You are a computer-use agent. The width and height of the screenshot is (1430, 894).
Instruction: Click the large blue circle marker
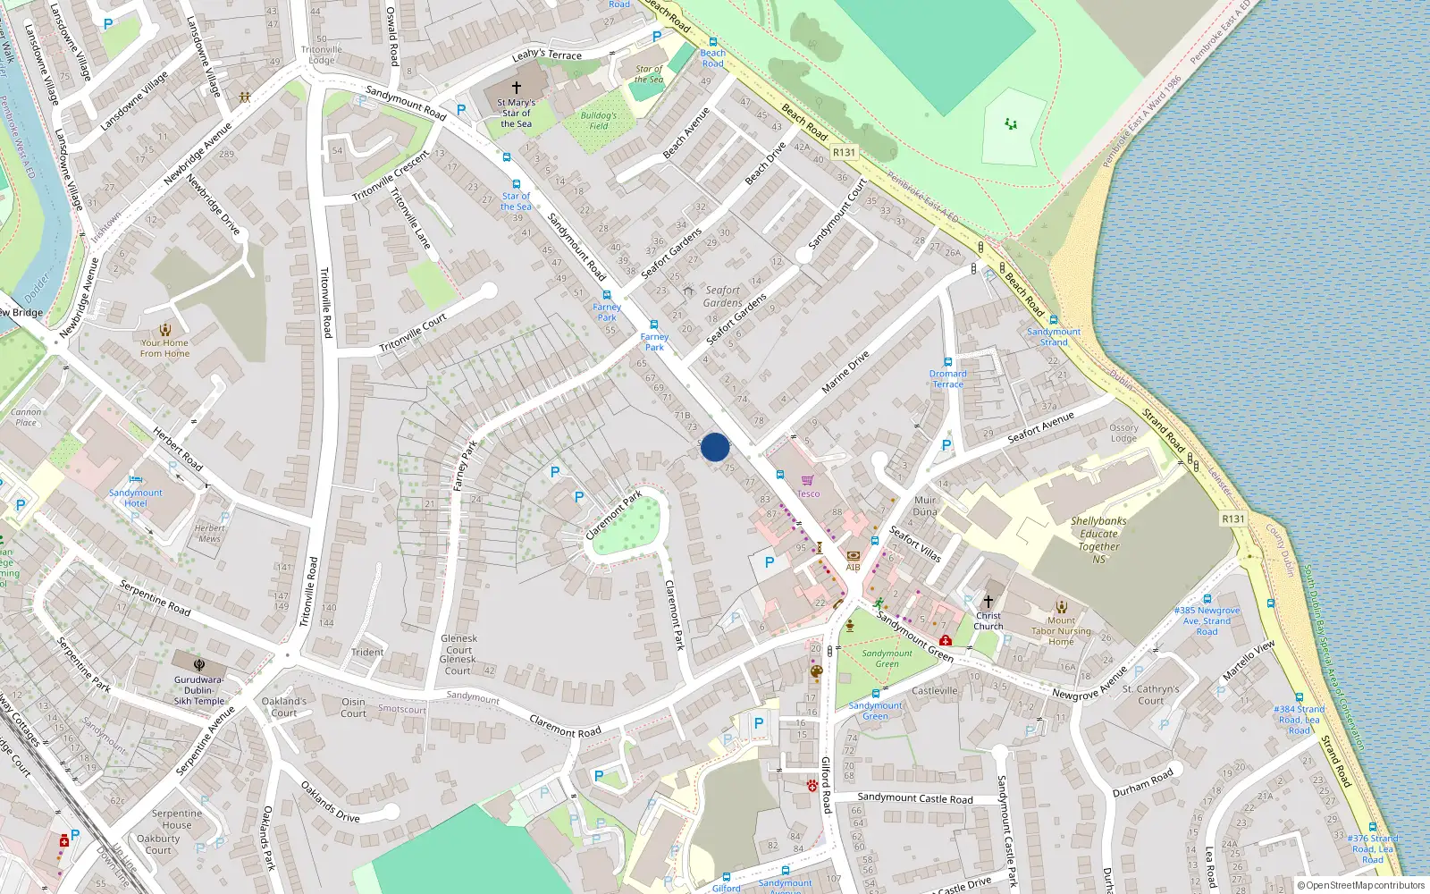click(x=715, y=447)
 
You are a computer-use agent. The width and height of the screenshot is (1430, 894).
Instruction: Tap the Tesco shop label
click(x=808, y=493)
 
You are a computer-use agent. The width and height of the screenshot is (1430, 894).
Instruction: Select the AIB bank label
click(x=853, y=567)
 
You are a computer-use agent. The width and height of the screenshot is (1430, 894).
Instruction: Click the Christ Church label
click(x=988, y=620)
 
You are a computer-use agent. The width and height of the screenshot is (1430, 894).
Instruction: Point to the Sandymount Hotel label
click(x=136, y=498)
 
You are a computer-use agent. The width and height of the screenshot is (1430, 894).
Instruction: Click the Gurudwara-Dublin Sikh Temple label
click(x=199, y=690)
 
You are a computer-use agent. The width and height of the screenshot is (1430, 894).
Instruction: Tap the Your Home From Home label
click(x=164, y=348)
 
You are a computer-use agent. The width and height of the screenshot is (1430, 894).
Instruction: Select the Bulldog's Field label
click(x=599, y=121)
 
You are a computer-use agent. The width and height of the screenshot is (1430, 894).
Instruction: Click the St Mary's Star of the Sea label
click(x=517, y=114)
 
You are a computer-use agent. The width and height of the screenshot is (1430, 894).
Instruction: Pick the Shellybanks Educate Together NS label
click(x=1098, y=540)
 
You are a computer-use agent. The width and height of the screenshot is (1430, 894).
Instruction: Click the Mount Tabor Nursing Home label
click(x=1061, y=630)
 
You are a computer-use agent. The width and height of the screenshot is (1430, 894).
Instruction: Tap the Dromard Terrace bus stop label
click(x=947, y=379)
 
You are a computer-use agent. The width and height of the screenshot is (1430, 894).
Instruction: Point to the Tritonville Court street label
click(x=413, y=333)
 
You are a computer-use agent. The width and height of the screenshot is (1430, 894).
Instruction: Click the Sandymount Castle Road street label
click(x=914, y=797)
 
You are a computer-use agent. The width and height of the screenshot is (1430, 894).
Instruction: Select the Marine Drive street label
click(x=845, y=372)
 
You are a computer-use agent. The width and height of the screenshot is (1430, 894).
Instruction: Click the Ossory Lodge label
click(x=1123, y=433)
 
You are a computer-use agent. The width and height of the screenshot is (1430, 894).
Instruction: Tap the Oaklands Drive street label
click(x=330, y=802)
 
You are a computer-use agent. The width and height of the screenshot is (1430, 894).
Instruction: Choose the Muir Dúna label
click(x=926, y=506)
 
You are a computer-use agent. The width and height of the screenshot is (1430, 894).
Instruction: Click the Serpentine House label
click(x=177, y=819)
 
